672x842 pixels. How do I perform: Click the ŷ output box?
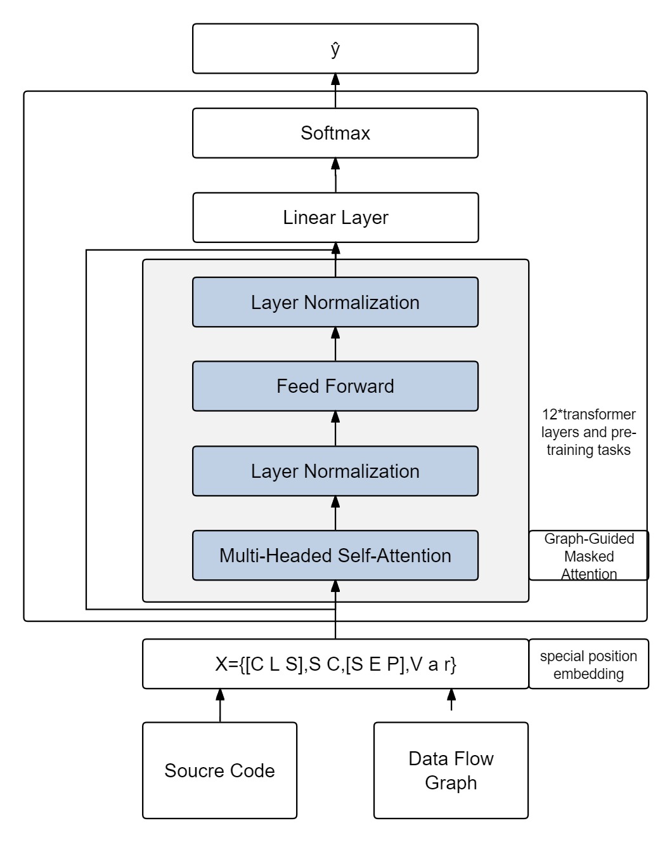coord(335,49)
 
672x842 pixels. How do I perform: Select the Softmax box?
coord(335,133)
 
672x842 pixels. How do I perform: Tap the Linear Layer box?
coord(335,218)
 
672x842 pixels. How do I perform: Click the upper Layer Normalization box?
coord(335,302)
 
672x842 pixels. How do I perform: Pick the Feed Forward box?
coord(335,386)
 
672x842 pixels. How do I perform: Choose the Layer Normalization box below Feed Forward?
coord(335,471)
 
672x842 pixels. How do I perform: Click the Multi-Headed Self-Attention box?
coord(335,555)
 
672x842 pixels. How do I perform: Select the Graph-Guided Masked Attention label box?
coord(588,556)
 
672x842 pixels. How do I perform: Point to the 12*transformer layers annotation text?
coord(588,432)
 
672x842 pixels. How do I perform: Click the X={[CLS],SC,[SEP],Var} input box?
coord(335,664)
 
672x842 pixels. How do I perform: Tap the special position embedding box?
coord(588,664)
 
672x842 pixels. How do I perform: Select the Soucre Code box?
coord(219,770)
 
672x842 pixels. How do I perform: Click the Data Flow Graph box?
coord(451,770)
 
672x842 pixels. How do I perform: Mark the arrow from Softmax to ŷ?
coord(335,91)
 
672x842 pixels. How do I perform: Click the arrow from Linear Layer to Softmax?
coord(335,175)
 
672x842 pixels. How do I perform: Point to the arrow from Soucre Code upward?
coord(220,705)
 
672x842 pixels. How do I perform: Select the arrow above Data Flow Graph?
coord(451,700)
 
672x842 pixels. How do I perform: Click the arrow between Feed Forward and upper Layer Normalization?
coord(335,344)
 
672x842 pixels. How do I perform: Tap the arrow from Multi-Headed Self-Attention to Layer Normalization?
coord(335,513)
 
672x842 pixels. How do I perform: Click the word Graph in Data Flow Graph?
coord(451,783)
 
